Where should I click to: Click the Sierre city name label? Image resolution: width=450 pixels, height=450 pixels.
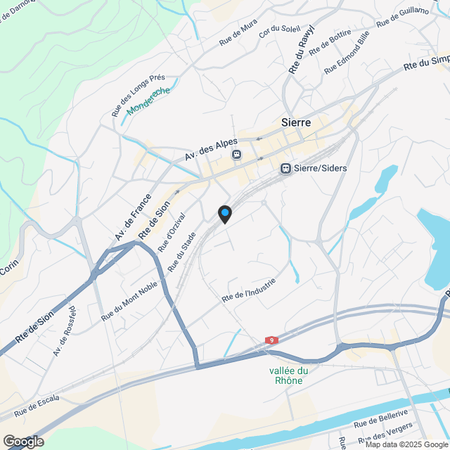(x=296, y=122)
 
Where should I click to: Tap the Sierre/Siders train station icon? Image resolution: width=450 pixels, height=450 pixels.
(x=285, y=169)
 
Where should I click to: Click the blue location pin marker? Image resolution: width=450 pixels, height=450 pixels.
(x=224, y=213)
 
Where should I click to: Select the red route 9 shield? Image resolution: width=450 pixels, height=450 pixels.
(x=271, y=340)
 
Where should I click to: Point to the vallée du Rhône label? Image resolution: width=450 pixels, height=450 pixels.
(x=288, y=375)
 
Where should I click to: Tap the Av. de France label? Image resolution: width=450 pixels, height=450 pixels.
(x=134, y=217)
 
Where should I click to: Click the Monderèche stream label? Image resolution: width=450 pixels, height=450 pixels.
(x=148, y=102)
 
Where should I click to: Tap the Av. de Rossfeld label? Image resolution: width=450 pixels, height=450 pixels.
(x=64, y=330)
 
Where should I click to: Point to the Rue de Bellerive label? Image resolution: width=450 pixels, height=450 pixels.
(x=380, y=418)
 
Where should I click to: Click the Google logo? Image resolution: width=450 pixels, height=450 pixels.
(x=22, y=441)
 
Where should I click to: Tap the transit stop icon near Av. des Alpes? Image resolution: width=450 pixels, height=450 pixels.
(x=237, y=155)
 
